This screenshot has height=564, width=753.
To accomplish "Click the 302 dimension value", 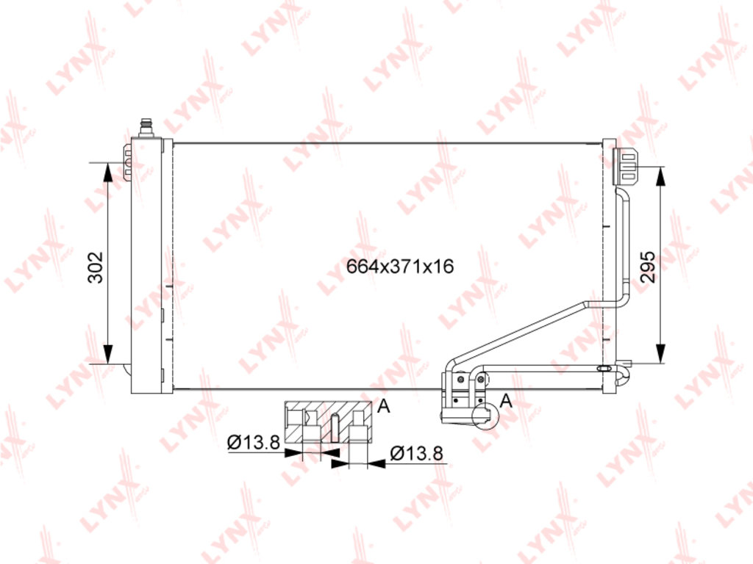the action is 96,267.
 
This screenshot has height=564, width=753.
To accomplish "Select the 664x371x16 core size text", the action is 400,266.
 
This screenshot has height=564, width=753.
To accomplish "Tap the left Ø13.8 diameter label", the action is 254,442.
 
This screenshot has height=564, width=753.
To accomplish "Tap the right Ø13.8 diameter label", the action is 416,453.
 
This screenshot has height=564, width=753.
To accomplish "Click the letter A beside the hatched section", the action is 384,407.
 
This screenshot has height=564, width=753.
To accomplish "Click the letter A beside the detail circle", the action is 506,400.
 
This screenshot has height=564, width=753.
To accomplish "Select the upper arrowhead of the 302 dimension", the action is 109,172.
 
